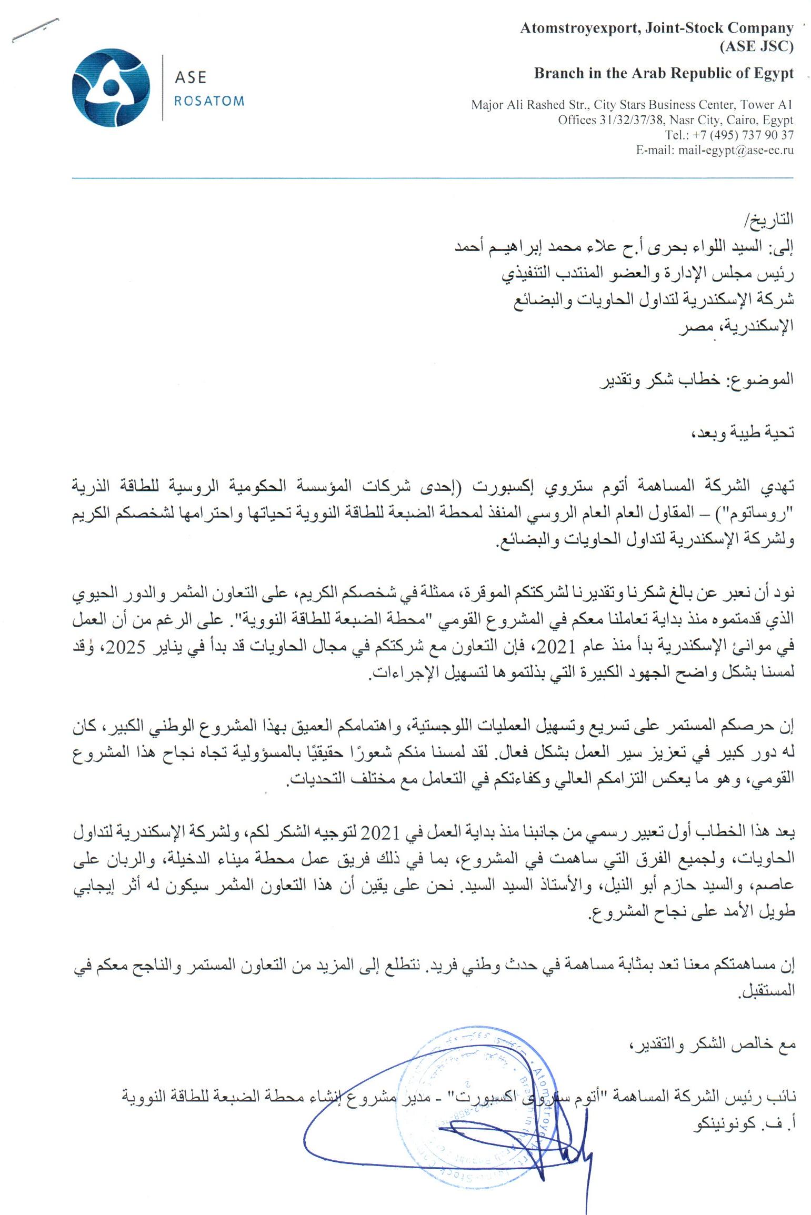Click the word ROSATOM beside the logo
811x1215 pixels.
pyautogui.click(x=209, y=101)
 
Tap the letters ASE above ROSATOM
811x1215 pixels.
pyautogui.click(x=190, y=78)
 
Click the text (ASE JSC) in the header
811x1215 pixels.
pyautogui.click(x=756, y=46)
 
